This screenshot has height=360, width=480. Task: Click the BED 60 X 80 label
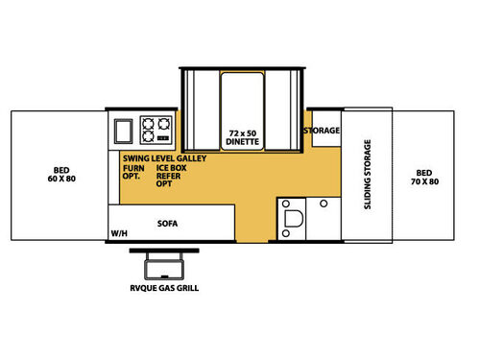[x=61, y=175]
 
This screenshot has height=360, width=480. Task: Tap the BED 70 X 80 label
[x=424, y=178]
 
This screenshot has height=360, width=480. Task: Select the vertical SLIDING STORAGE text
[x=368, y=175]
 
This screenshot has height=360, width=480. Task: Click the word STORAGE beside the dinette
[x=322, y=131]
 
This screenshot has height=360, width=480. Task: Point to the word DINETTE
[x=242, y=141]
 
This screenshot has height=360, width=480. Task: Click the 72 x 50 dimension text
[x=243, y=133]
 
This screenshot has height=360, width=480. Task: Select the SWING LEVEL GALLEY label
[x=164, y=158]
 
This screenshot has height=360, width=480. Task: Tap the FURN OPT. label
[x=133, y=172]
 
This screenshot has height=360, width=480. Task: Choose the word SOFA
[x=167, y=224]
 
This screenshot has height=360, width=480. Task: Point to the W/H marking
[x=119, y=233]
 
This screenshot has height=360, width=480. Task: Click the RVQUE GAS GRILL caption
[x=164, y=288]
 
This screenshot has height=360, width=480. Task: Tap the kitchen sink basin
[x=123, y=131]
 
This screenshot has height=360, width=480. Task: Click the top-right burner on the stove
[x=164, y=124]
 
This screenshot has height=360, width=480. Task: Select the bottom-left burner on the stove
[x=148, y=136]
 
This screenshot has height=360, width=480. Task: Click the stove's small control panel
[x=163, y=138]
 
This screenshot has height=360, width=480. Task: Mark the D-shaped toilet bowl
[x=293, y=219]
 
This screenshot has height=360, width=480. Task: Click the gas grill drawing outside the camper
[x=164, y=264]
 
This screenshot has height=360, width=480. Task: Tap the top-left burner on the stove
[x=148, y=124]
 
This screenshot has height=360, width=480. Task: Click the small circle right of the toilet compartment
[x=324, y=204]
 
